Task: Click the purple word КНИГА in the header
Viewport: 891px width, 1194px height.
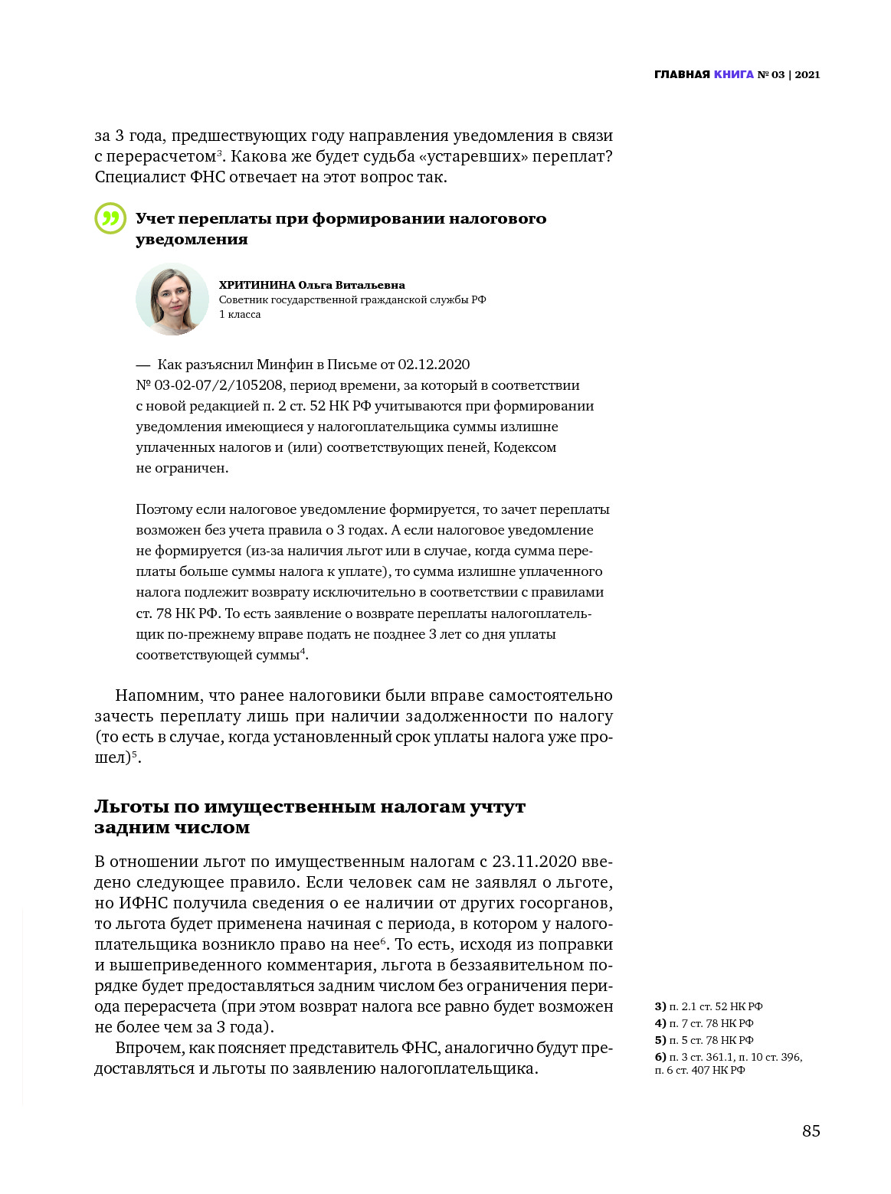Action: pos(733,74)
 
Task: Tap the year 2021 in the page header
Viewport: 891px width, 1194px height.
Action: pos(807,74)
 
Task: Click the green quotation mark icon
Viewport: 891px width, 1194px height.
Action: pos(110,218)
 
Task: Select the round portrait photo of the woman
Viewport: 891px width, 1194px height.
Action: pos(172,299)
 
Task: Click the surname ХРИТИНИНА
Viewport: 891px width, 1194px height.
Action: pos(257,285)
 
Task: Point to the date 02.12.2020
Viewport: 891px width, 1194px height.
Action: pos(433,365)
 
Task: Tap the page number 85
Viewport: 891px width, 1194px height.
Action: pos(811,1131)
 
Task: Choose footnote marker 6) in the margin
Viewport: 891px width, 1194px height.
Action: pos(660,1057)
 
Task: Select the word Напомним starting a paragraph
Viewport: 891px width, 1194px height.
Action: pos(158,695)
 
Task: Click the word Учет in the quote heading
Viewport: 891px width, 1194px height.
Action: pos(154,219)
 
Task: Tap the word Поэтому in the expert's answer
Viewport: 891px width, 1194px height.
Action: pos(164,509)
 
